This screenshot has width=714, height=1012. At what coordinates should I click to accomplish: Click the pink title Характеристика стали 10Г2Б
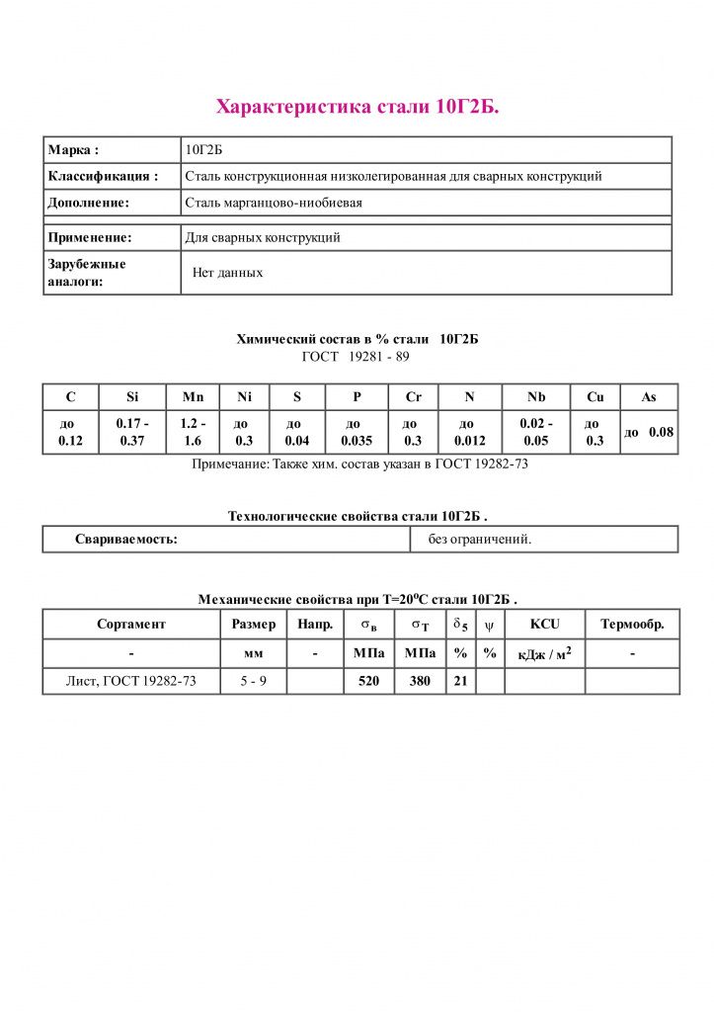(357, 107)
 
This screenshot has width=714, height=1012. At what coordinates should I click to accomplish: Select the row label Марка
(73, 150)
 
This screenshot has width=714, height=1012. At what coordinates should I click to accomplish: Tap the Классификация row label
(103, 177)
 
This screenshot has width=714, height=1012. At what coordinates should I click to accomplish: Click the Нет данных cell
(228, 272)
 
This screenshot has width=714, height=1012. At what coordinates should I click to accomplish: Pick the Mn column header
(193, 397)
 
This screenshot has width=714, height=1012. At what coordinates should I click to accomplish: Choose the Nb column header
(536, 397)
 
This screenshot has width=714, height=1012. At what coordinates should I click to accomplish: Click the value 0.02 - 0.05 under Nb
(536, 432)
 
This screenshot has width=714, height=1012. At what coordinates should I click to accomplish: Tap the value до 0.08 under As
(649, 432)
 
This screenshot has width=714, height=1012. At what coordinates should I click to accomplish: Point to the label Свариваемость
(126, 540)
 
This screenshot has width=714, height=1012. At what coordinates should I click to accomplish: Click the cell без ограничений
(480, 540)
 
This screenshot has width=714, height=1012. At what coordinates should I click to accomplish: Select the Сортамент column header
(131, 625)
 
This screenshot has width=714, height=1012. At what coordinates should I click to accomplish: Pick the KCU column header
(544, 625)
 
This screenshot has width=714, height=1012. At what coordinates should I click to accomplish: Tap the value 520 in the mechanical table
(369, 681)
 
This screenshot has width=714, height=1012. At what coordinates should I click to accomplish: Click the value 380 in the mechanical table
(420, 681)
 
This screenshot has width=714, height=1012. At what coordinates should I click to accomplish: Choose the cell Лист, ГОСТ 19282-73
(131, 681)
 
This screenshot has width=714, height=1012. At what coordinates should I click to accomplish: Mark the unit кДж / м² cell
(544, 653)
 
